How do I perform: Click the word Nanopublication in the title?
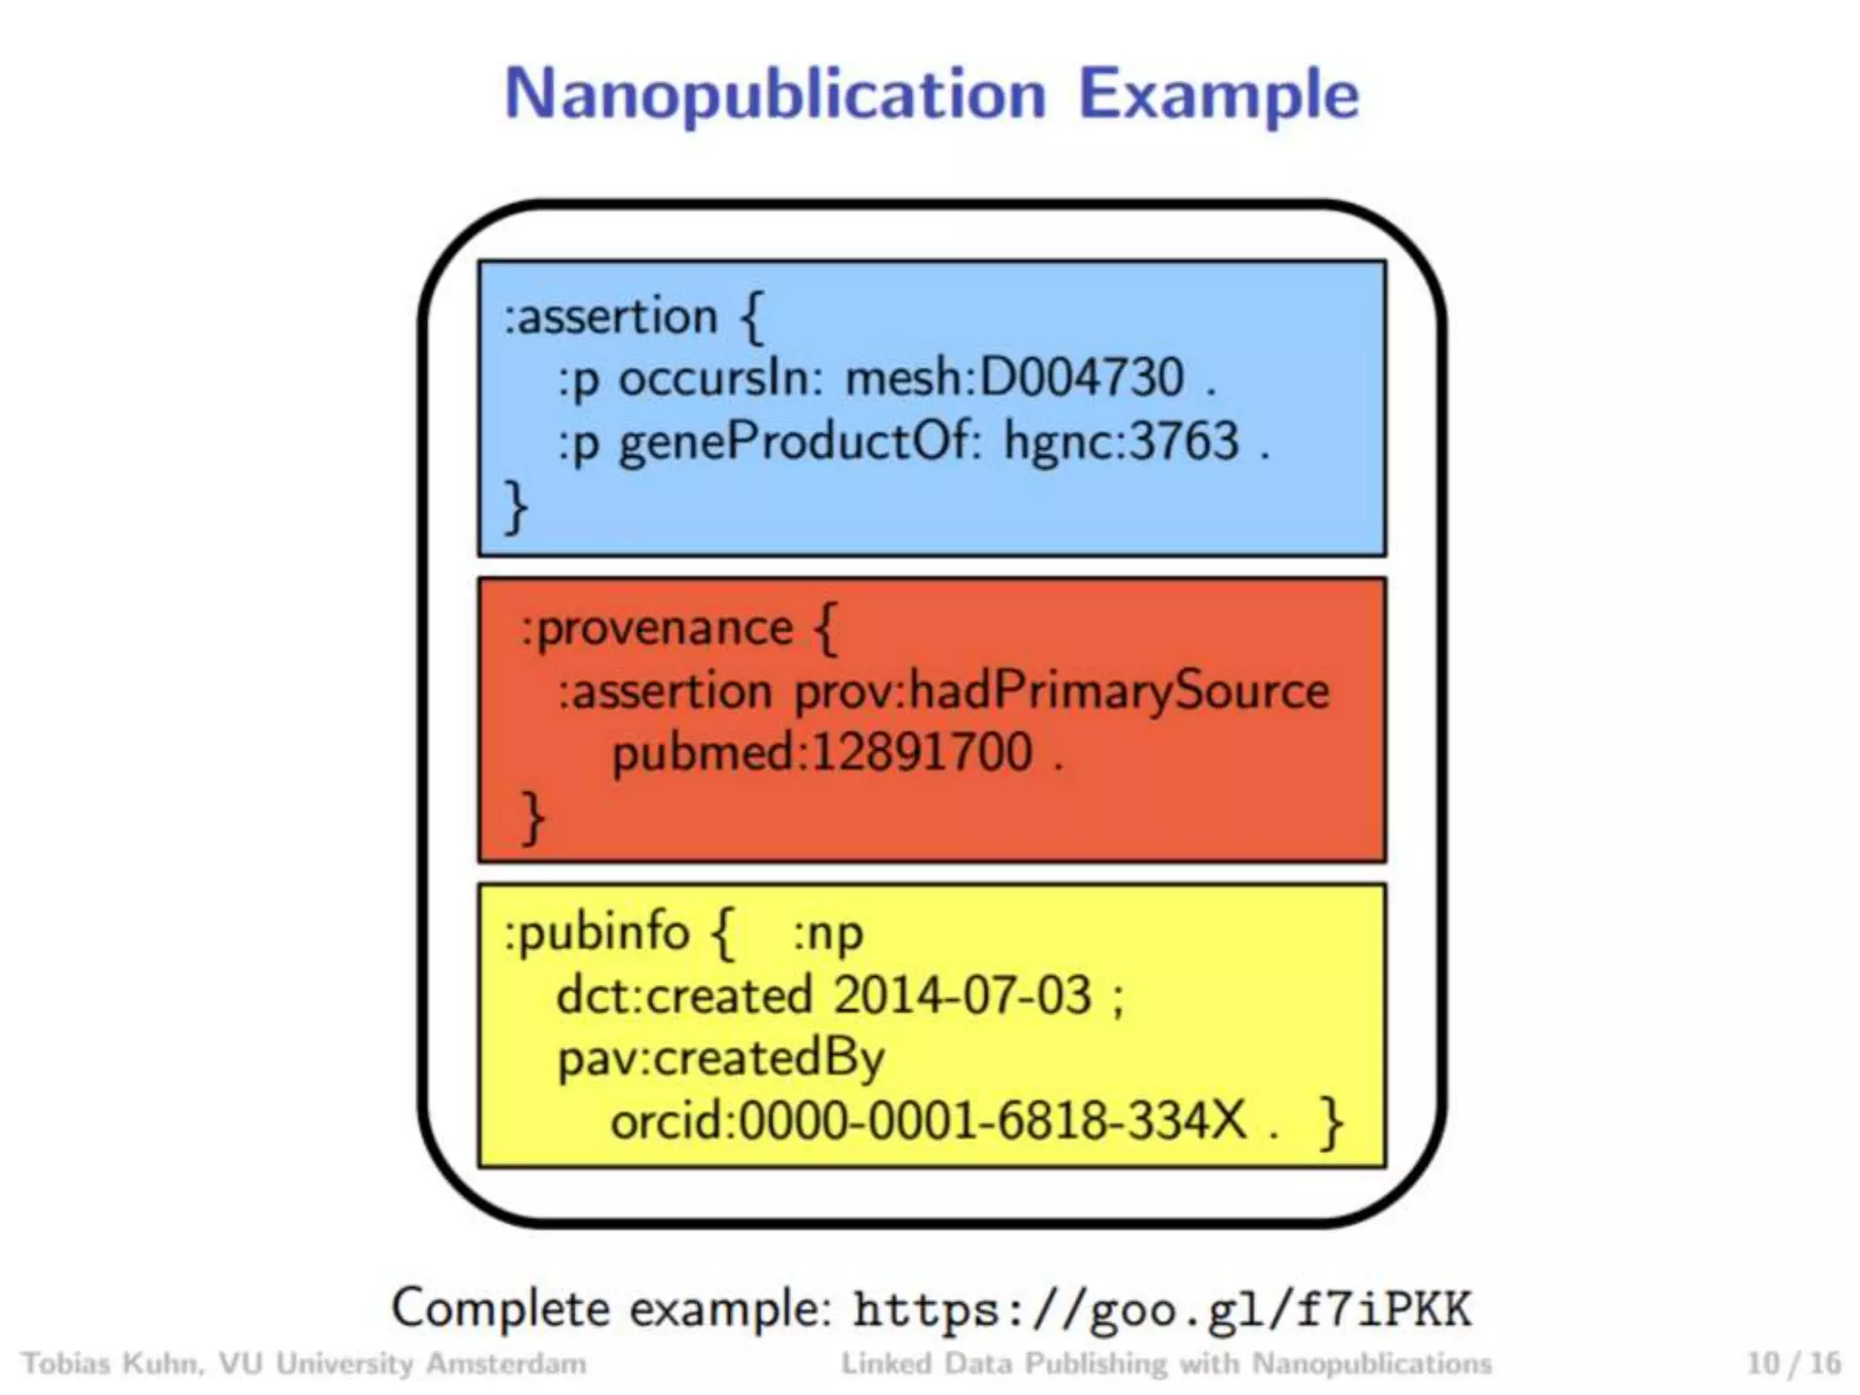tap(775, 94)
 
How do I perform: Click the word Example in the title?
tap(1218, 94)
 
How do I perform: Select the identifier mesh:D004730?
tap(1014, 378)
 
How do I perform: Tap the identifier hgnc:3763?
tap(1121, 442)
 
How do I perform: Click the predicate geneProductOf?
tap(800, 442)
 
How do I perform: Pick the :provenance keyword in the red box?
tap(657, 628)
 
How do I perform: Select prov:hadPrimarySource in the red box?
tap(1062, 691)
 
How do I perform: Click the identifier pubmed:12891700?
tap(822, 753)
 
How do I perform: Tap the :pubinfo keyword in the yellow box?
tap(597, 934)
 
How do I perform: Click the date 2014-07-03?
tap(962, 995)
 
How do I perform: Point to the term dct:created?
tap(684, 995)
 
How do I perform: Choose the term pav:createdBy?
tap(720, 1059)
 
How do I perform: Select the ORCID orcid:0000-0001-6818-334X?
tap(928, 1121)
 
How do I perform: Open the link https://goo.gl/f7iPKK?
tap(1162, 1311)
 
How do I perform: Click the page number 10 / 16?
tap(1794, 1363)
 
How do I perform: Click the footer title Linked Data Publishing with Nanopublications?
tap(1166, 1363)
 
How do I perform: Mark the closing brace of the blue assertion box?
tap(515, 507)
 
